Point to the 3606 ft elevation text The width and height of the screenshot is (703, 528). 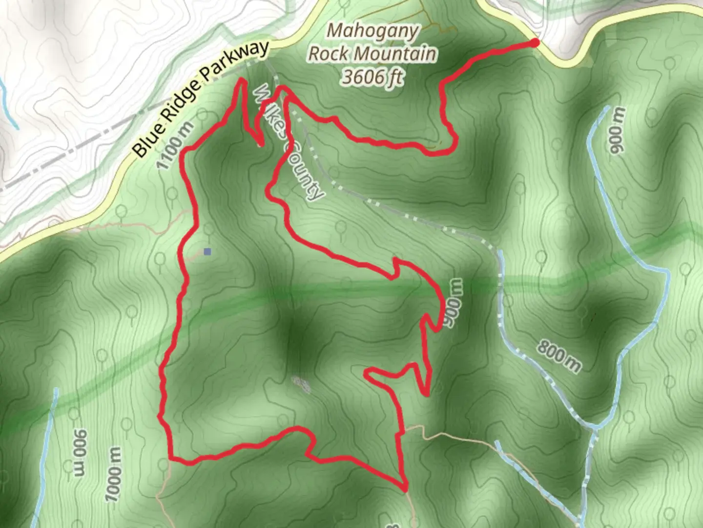coord(372,77)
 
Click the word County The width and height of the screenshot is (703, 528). coord(307,171)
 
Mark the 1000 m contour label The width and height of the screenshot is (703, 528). coord(113,474)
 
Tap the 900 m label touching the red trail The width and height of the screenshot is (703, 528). coord(453,304)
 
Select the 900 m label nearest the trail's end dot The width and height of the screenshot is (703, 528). coord(616,131)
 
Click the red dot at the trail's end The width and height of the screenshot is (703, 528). coord(535,43)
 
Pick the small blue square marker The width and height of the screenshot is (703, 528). coord(207,252)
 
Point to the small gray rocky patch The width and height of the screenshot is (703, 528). coord(302,384)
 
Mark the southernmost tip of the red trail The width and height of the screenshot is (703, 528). coord(405,488)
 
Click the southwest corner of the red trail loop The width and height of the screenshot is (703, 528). coord(172,458)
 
